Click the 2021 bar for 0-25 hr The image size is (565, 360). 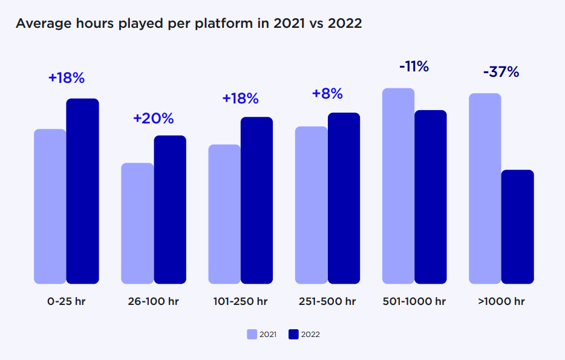tap(50, 206)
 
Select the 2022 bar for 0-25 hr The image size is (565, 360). tap(82, 191)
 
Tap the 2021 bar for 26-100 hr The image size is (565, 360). tap(137, 223)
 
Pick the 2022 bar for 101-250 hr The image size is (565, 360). tap(256, 200)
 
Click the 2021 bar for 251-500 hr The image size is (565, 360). tap(311, 205)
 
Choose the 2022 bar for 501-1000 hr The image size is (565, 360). tap(430, 197)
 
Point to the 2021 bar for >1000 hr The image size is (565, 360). tap(485, 188)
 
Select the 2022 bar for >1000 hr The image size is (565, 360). tap(517, 227)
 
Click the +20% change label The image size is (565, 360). tap(153, 118)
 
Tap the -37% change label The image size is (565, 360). tap(501, 72)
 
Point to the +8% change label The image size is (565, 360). tap(327, 94)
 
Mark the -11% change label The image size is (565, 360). tap(414, 67)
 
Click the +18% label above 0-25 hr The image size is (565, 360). tap(67, 78)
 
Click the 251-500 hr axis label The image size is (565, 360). tap(327, 301)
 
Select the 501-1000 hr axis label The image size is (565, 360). tap(414, 301)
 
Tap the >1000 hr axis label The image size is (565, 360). tap(501, 301)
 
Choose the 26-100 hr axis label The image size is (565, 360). tap(154, 301)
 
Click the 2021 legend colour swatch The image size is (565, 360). tap(252, 334)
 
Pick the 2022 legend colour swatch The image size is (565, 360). tap(293, 334)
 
